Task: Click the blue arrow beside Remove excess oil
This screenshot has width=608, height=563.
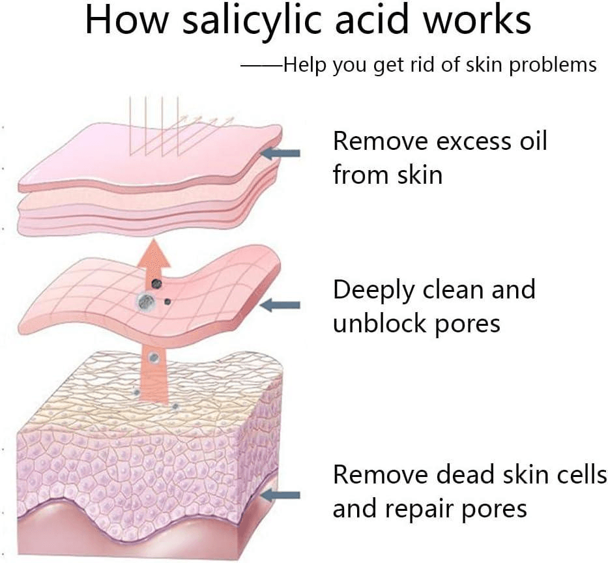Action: click(280, 153)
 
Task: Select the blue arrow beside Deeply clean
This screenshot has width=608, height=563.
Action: click(280, 305)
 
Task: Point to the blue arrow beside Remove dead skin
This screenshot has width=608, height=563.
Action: click(280, 495)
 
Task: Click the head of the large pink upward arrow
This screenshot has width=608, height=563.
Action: click(154, 253)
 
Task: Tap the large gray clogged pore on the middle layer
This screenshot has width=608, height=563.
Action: click(146, 301)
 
